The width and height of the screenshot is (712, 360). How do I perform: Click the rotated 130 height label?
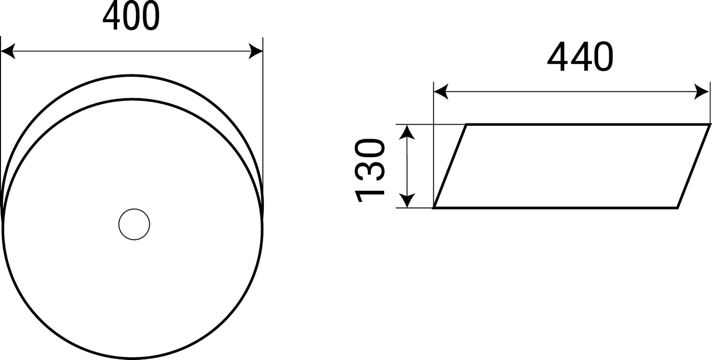coord(370,171)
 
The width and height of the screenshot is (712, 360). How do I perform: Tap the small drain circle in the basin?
coord(134,224)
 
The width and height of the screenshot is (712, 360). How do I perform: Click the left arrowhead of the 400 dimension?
coord(8,51)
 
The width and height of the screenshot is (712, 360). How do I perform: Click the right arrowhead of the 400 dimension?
coord(256,51)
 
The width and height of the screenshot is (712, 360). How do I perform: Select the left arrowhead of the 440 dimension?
coord(441,92)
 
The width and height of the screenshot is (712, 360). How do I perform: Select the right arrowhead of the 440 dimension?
coord(702,92)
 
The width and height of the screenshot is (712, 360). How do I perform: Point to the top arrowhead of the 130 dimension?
coord(407,132)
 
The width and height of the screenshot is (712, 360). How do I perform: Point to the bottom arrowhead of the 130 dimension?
coord(407,200)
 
